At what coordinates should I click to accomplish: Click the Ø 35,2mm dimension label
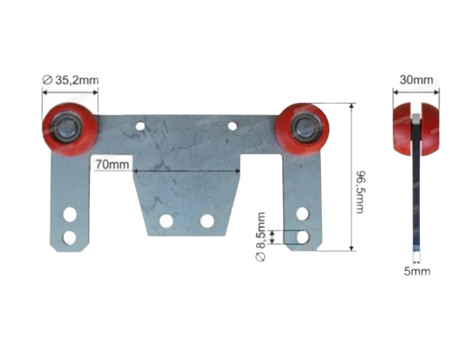tap(71, 80)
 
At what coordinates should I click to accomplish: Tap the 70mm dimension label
tap(112, 165)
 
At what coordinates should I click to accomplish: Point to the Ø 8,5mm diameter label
tap(260, 236)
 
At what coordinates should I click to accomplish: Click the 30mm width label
tap(416, 80)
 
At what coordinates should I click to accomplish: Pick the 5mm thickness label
tap(417, 271)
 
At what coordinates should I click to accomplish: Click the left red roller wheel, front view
tap(70, 129)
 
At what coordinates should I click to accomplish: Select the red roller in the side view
tap(416, 129)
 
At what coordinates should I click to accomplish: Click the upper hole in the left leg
tap(70, 214)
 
